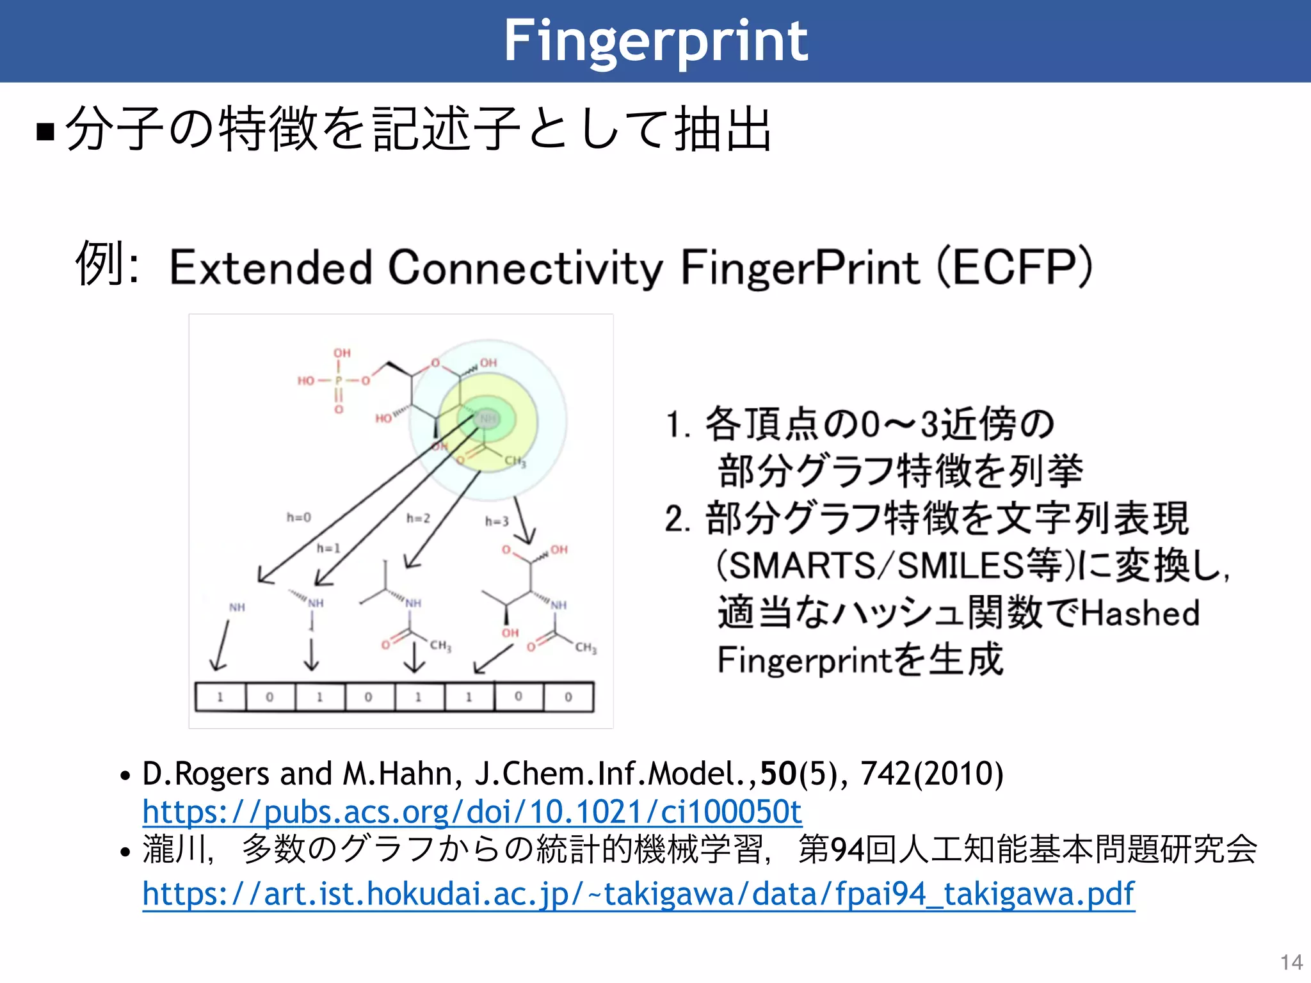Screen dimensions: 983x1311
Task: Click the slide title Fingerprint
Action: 655,41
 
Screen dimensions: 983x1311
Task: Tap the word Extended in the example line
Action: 270,268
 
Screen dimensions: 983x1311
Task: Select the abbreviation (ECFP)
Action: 1015,268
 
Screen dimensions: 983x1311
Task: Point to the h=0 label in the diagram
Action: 298,517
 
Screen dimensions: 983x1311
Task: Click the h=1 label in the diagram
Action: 328,548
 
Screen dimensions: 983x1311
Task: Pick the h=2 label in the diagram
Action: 418,518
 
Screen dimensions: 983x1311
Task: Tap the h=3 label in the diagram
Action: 497,522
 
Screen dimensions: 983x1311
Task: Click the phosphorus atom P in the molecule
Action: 339,381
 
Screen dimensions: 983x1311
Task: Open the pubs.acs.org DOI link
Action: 472,812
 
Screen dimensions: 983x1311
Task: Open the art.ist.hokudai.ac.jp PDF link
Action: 638,894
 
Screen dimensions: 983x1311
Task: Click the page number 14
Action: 1291,963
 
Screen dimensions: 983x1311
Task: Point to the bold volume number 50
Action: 778,774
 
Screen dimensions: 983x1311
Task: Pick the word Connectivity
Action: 525,268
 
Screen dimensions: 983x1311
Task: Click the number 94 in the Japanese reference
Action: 846,851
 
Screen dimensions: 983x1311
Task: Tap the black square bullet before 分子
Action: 45,131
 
